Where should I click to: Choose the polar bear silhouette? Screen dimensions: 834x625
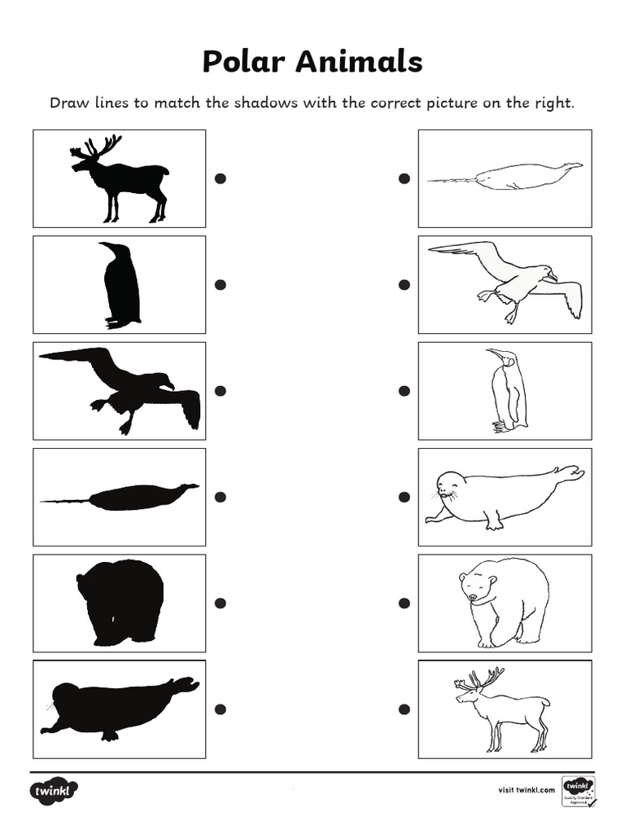[x=121, y=602]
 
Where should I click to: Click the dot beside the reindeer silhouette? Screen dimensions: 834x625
[x=220, y=178]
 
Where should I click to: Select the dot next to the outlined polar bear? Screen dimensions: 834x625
[x=404, y=603]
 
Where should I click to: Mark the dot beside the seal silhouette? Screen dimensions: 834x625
[x=220, y=709]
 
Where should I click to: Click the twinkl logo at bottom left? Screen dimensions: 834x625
[x=55, y=790]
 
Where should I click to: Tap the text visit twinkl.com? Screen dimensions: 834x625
[x=526, y=789]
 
